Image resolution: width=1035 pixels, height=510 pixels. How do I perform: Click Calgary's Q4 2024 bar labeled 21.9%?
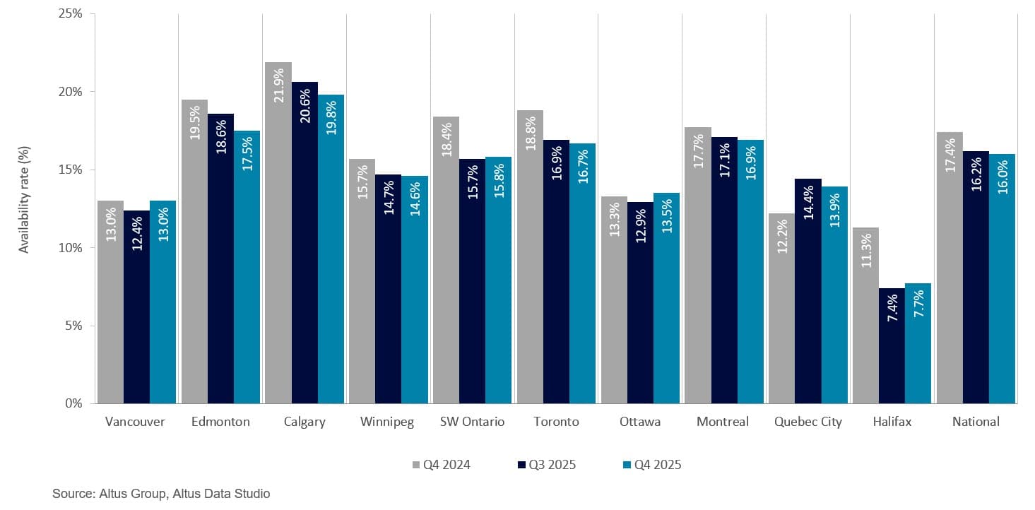pos(278,233)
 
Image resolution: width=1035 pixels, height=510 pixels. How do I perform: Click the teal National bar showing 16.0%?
pos(1002,279)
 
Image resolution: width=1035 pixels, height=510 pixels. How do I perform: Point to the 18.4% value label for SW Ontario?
pos(446,141)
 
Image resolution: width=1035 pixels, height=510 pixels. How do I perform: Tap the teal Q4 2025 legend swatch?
pos(627,465)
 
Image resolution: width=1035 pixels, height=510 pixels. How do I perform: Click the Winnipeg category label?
pos(387,422)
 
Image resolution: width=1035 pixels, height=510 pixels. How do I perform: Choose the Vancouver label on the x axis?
pos(135,422)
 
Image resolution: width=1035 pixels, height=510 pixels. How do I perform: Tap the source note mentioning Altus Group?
pos(161,494)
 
